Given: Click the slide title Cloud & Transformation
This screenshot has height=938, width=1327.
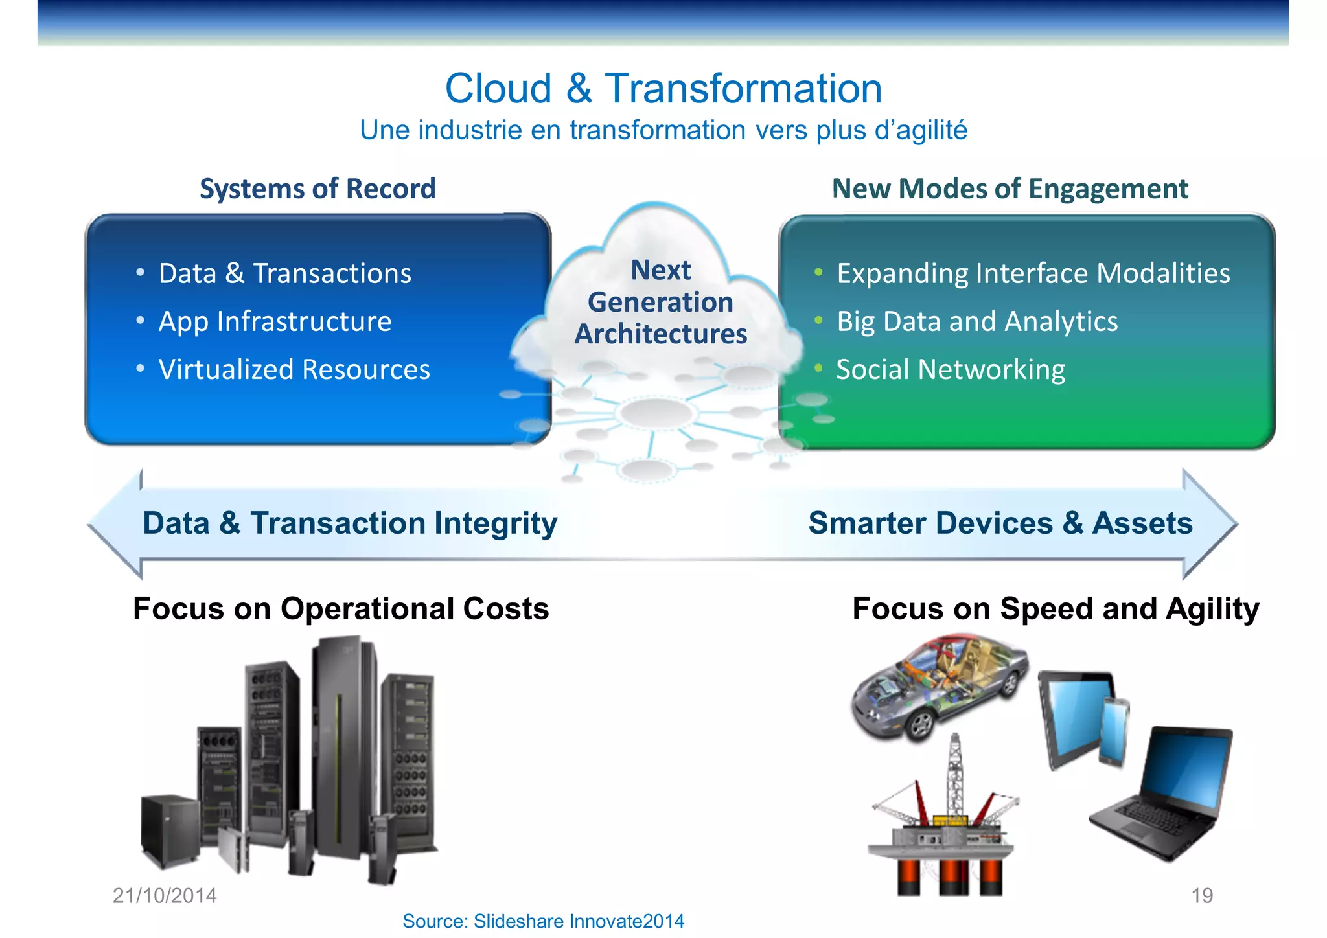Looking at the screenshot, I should coord(663,88).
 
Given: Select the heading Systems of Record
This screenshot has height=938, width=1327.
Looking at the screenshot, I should coord(317,189).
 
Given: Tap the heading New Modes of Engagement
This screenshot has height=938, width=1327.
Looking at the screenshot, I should coord(1010,189).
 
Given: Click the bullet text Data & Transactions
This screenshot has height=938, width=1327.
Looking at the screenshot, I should coord(284,273).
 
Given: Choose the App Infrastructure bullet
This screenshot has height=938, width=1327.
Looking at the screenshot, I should coord(275,321).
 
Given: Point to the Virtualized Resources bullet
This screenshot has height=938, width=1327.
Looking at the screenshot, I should coord(294,369).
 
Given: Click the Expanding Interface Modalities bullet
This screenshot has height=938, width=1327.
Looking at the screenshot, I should coord(1033,273).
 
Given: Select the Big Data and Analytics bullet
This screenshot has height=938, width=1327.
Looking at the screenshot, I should coord(977,321).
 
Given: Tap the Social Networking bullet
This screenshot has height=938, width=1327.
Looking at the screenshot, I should coord(951,369).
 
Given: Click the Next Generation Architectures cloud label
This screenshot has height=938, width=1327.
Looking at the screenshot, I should coord(661,302).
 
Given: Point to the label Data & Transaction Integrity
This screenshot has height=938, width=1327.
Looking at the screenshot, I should coord(350,523).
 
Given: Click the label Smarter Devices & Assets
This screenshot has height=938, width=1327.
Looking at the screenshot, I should coord(1000,523).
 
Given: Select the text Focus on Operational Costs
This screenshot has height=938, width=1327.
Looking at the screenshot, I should coord(341,609).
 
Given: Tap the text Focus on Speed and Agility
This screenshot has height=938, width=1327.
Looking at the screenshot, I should coord(1056,609).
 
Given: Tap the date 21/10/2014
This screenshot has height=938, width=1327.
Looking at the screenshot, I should coord(165,895).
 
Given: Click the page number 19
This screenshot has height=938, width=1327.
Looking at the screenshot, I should coord(1202,895).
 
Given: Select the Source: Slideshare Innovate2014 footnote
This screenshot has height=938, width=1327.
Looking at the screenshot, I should coord(543,921).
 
